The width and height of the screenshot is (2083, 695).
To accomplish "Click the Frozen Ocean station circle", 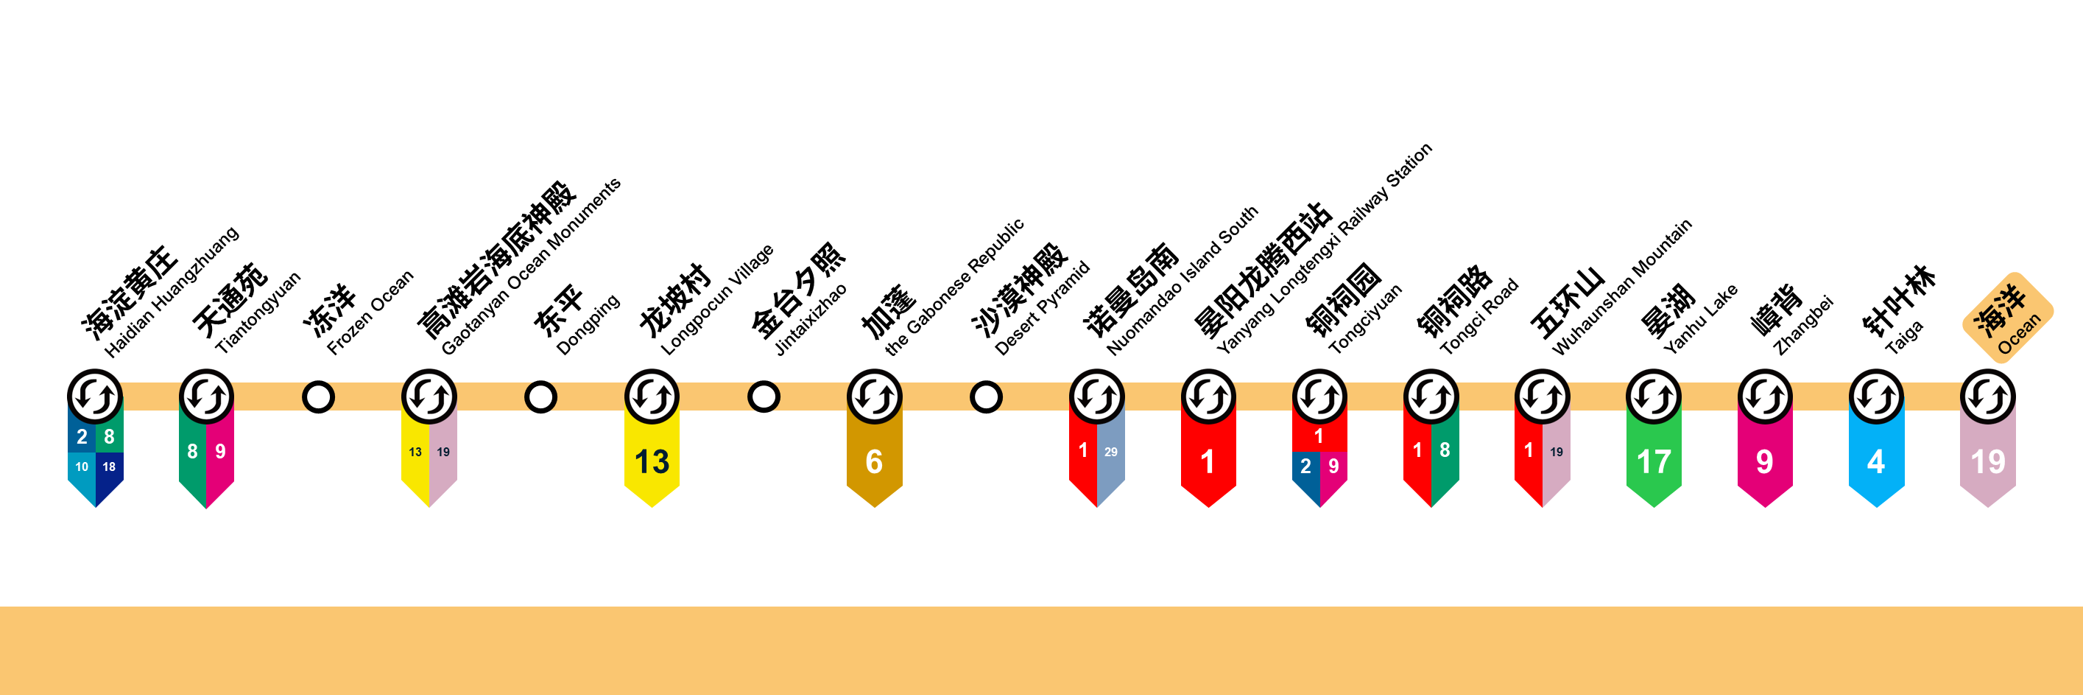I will coord(318,397).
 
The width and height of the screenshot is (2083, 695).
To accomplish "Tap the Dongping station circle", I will coord(540,397).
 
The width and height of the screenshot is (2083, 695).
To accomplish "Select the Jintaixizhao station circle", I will coord(764,397).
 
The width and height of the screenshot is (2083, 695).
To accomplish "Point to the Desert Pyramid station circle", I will coord(986,397).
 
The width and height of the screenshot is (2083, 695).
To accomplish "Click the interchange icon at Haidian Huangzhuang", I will coord(94,397).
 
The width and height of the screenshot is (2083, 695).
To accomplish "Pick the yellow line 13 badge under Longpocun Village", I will coord(652,461).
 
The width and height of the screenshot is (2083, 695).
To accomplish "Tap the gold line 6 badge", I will coord(874,461).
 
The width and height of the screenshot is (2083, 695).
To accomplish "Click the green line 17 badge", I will coord(1654,461).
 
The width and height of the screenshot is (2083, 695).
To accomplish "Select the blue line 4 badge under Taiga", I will coord(1876,461).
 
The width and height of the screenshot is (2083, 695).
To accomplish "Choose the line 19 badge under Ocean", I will coord(1987,461).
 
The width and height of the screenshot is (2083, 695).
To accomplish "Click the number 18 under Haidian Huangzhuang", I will coord(109,467).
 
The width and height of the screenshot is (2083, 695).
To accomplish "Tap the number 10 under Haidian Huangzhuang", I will coord(82,467).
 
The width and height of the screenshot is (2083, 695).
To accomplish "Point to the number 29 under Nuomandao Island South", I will coord(1111,453).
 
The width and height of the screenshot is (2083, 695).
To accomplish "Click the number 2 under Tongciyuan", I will coord(1305,466).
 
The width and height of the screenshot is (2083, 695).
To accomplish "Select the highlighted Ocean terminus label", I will coord(2008,317).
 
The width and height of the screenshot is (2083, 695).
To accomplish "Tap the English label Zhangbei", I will coord(1803,326).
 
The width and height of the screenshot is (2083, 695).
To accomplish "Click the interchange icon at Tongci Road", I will coord(1431,397).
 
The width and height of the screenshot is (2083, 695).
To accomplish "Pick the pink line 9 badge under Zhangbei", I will coord(1765,461).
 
